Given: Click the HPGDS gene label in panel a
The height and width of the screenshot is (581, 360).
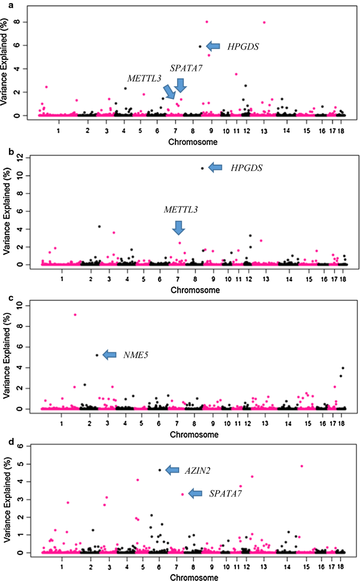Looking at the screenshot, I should click(x=243, y=47).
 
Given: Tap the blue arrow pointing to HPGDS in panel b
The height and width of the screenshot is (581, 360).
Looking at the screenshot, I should click(x=215, y=168).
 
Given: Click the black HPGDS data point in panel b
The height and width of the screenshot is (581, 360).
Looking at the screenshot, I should click(x=202, y=168).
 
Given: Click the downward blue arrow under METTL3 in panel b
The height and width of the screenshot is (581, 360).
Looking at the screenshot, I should click(x=179, y=228).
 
